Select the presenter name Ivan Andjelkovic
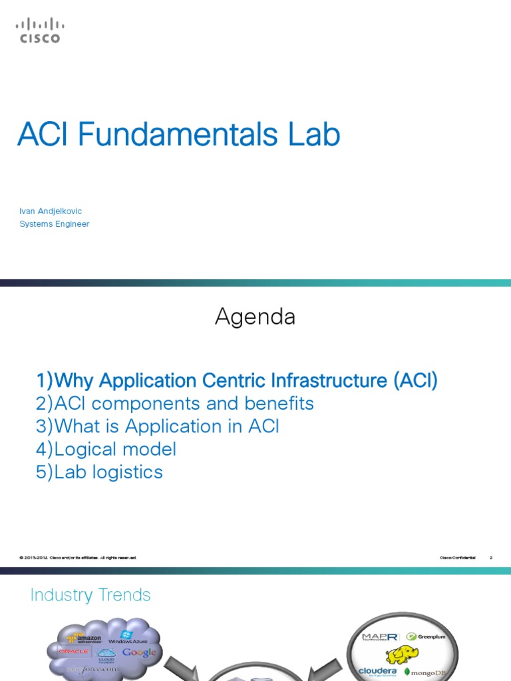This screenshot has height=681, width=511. [51, 211]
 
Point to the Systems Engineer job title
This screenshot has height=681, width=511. [54, 224]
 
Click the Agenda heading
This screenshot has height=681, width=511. [255, 317]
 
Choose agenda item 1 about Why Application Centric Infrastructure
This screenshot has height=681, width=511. [238, 381]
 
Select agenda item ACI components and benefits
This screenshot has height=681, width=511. [175, 404]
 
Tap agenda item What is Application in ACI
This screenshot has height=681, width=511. [158, 426]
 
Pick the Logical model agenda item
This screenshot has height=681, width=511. [106, 449]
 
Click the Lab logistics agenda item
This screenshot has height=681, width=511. [100, 472]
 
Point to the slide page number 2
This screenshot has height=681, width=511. [490, 557]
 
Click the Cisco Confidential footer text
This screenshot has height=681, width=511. [458, 557]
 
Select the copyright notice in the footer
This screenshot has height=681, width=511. [78, 557]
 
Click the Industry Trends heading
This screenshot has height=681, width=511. [90, 595]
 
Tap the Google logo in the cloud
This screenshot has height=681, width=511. [139, 652]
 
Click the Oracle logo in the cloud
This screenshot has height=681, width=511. [74, 651]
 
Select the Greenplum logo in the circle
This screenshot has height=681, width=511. [425, 636]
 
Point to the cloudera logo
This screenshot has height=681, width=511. [378, 672]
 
